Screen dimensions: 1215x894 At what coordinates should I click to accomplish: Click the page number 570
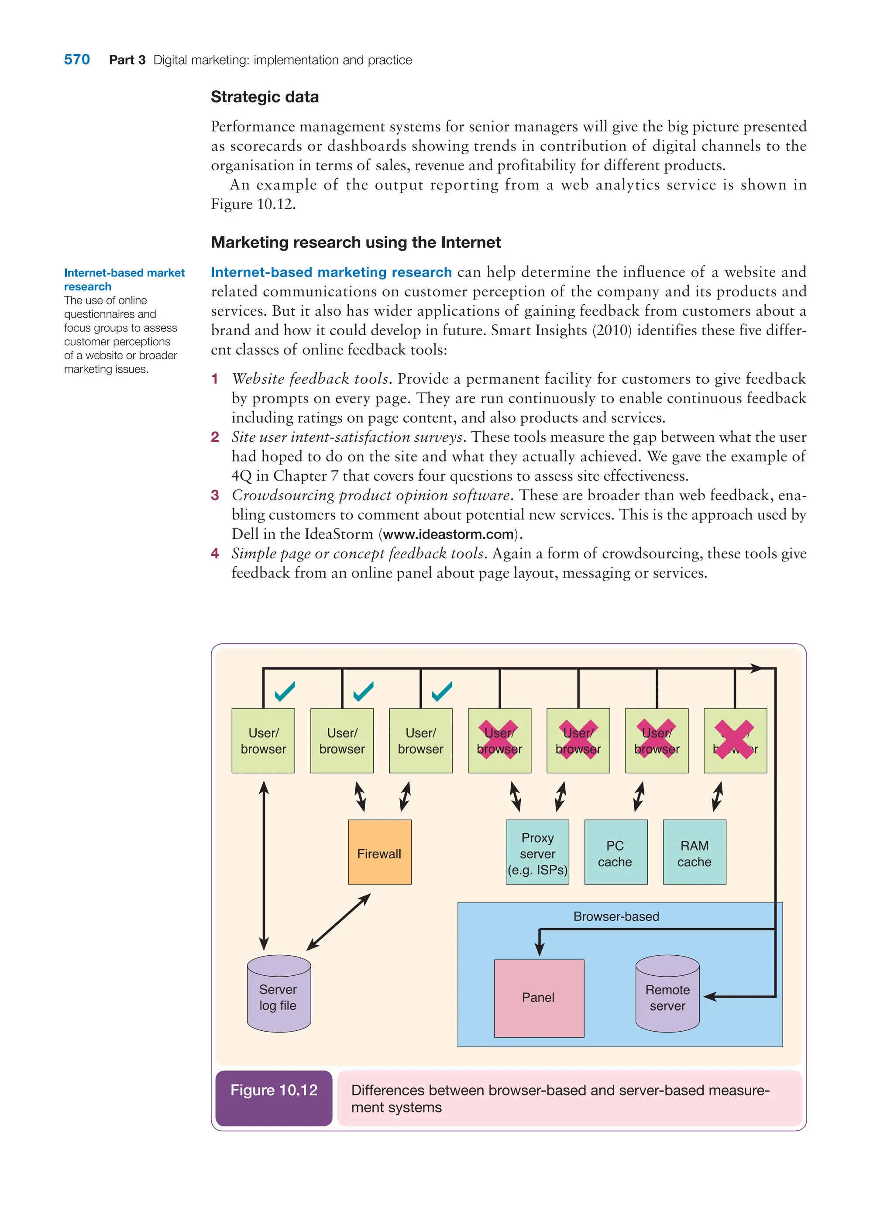point(77,59)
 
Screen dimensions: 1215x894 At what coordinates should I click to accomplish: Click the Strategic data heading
point(265,97)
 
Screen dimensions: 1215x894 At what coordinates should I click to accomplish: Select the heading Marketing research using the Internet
point(355,242)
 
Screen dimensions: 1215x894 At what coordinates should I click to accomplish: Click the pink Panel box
point(539,998)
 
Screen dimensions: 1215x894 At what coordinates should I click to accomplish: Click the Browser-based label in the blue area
point(616,916)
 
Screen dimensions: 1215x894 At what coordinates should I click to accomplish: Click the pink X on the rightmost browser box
point(734,739)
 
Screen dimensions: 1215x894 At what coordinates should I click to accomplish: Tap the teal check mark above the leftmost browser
point(285,691)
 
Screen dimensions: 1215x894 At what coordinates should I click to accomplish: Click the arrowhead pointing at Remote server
point(710,996)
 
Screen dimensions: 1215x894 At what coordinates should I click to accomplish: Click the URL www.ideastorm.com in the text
point(448,534)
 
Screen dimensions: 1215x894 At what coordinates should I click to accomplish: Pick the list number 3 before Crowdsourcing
point(215,495)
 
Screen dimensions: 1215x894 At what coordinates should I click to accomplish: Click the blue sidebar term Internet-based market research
point(124,279)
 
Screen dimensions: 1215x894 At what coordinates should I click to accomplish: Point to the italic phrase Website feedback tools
point(310,379)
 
